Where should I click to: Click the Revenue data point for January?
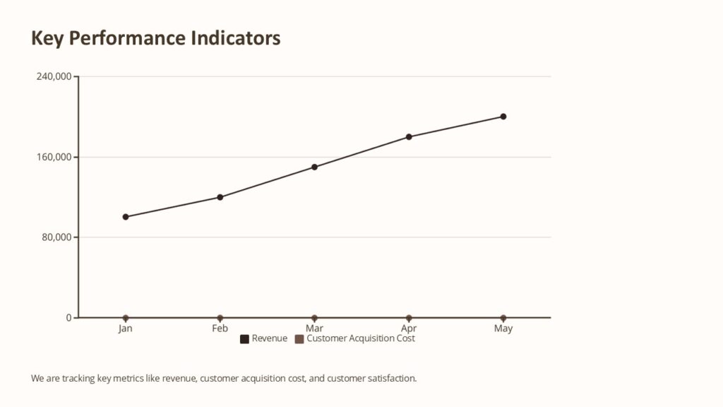(126, 217)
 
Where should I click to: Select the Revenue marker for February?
(220, 197)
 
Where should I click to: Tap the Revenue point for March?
(315, 167)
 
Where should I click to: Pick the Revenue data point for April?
(409, 137)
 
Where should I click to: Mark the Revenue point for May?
(503, 117)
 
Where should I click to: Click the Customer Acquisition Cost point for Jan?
(126, 318)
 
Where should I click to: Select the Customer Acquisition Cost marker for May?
(503, 318)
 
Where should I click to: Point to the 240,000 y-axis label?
(54, 76)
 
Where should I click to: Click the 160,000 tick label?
(54, 157)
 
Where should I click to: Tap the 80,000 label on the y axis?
(56, 237)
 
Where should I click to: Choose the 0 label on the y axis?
(68, 318)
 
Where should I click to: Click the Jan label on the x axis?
(126, 329)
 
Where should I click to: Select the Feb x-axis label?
(220, 329)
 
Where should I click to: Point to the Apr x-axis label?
(409, 329)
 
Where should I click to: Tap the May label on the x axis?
(503, 329)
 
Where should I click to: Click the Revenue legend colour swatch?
(245, 339)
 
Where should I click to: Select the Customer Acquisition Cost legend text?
(361, 338)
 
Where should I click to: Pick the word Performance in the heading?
(136, 38)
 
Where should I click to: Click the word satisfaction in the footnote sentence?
(389, 379)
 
